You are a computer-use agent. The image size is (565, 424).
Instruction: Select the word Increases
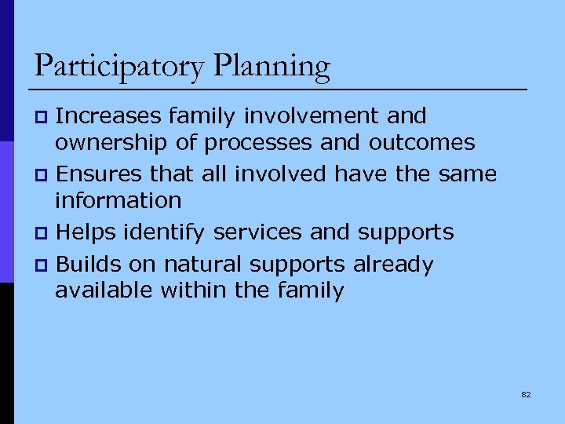tap(110, 116)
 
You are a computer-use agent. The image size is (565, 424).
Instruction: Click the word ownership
tap(111, 143)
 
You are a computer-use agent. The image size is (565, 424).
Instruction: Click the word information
tap(118, 200)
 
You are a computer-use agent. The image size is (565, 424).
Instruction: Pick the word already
tap(393, 265)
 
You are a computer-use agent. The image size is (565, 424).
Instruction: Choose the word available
tap(105, 291)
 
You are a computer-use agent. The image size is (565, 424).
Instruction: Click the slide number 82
tap(526, 394)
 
